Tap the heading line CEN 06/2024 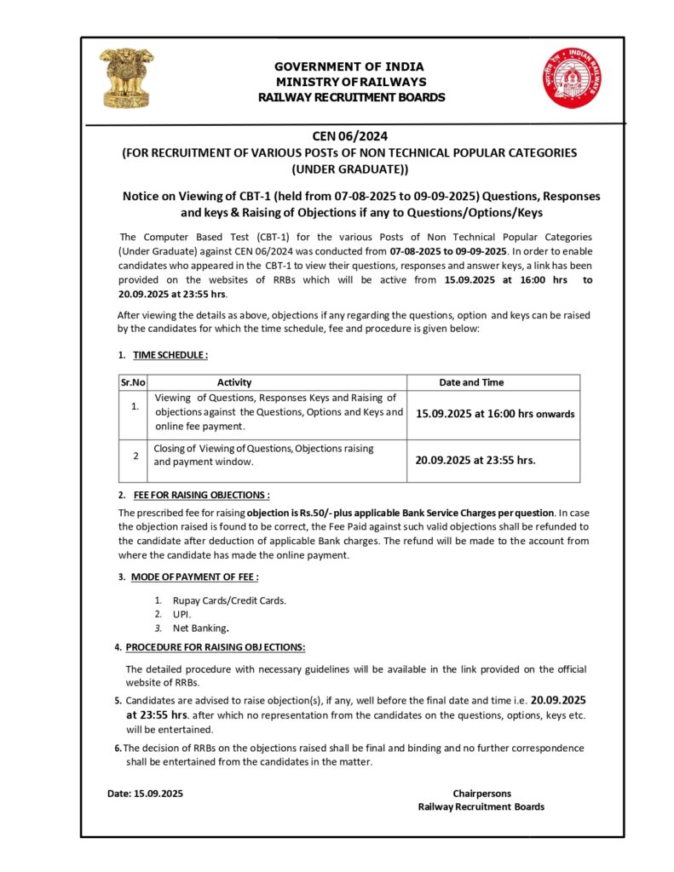pos(350,135)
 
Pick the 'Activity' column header pos(234,382)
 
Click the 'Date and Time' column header pos(471,382)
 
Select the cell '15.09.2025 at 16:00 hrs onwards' pos(495,414)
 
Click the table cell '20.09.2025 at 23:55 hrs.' pos(475,460)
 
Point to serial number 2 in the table pos(135,456)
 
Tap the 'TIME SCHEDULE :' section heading pos(170,354)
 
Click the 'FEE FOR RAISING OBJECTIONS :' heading pos(201,495)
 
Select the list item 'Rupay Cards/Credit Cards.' pos(229,600)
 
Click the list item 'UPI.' pos(182,614)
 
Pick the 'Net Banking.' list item pos(201,628)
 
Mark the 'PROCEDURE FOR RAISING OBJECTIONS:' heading pos(215,647)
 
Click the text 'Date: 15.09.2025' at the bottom pos(145,793)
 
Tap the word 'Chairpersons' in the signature pos(481,793)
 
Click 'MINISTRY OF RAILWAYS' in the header pos(351,82)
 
